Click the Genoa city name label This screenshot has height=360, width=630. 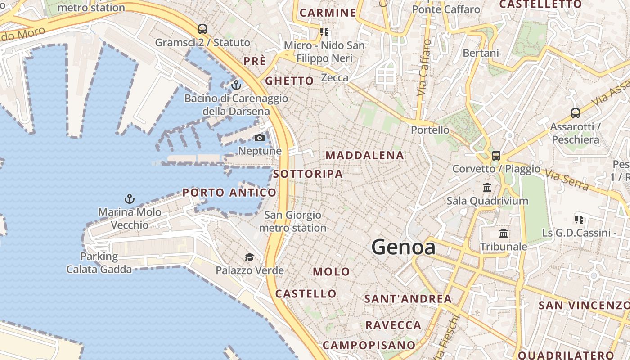click(x=403, y=247)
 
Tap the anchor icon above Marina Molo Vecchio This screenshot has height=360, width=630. click(x=130, y=198)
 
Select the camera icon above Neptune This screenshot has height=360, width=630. click(x=260, y=138)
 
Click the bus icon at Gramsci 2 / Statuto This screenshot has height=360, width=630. click(x=202, y=29)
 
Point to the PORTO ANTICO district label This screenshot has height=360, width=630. click(x=229, y=193)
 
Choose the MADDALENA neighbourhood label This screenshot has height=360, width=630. click(x=364, y=156)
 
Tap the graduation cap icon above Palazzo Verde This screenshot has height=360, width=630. click(x=249, y=257)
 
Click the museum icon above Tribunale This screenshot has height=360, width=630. click(x=504, y=234)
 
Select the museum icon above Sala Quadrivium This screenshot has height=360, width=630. click(x=487, y=187)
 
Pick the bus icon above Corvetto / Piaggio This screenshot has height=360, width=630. click(x=496, y=155)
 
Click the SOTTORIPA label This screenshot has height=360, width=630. click(x=308, y=174)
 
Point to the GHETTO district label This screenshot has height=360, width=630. click(x=289, y=81)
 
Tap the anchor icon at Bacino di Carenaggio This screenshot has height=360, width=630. click(x=236, y=85)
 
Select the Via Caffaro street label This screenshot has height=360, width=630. click(x=423, y=67)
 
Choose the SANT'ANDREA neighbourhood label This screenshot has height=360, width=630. click(x=408, y=299)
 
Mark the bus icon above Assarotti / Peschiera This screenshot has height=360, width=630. click(x=575, y=113)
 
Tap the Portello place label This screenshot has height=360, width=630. click(x=430, y=130)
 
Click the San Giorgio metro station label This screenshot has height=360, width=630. click(x=292, y=221)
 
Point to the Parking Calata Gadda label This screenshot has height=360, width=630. click(x=99, y=263)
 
